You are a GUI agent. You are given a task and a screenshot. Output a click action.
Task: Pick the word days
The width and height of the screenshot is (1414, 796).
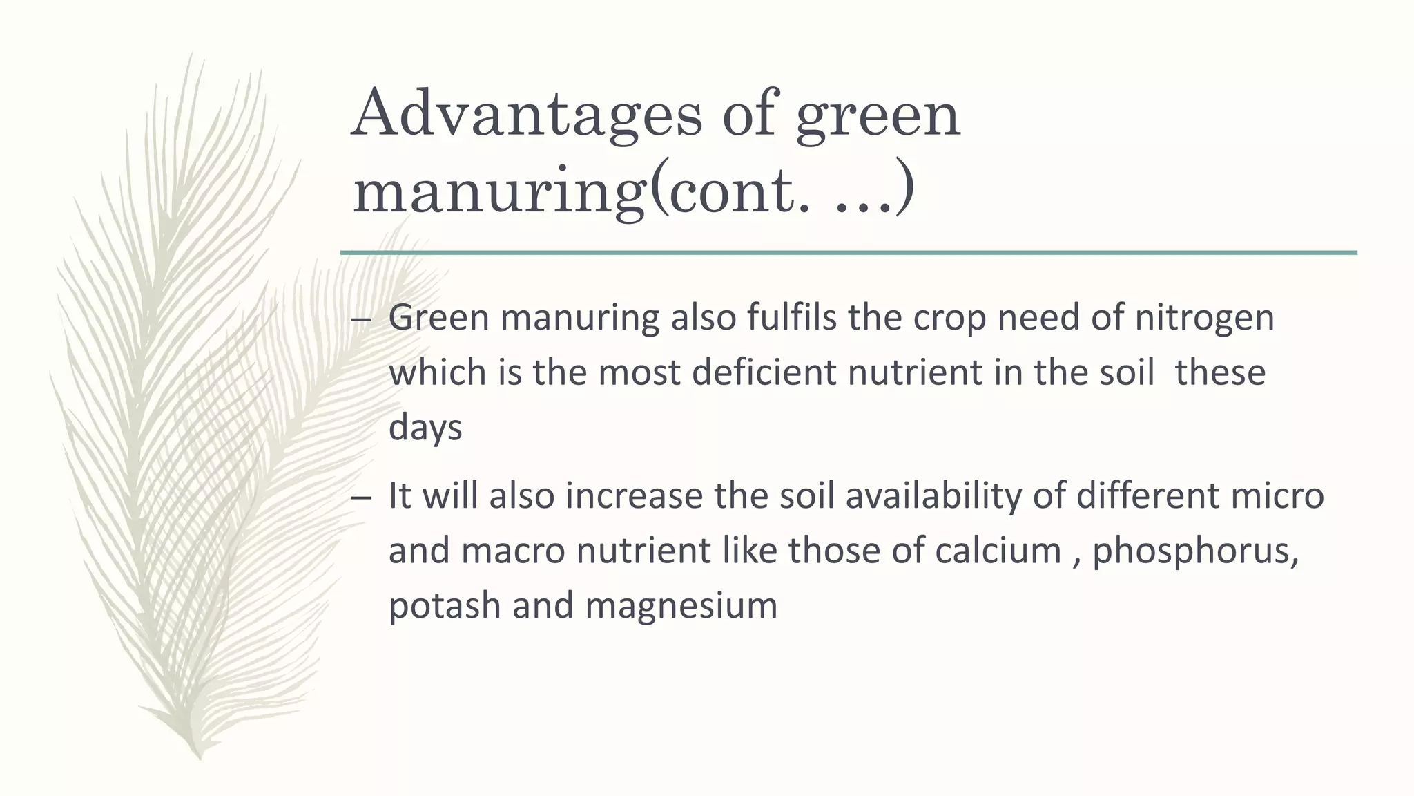point(425,428)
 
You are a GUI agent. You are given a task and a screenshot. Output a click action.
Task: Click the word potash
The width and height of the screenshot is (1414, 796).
point(444,606)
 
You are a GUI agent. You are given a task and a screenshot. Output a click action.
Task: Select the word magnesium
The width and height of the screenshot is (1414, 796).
point(681,606)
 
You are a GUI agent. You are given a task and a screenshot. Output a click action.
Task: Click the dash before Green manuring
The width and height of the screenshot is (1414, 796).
point(360,320)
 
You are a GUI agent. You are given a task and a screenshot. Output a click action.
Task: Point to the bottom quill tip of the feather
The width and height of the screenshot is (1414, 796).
point(200,756)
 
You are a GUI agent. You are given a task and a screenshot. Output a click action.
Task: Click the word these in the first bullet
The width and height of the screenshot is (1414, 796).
point(1220,372)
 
